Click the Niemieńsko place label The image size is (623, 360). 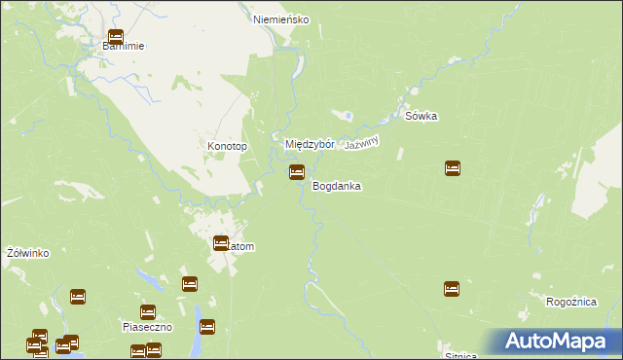click(x=280, y=19)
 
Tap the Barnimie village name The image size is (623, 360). click(x=124, y=46)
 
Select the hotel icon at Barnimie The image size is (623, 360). click(x=116, y=38)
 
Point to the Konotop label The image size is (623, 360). click(x=228, y=147)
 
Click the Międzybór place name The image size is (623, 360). click(x=310, y=144)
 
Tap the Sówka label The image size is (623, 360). click(x=421, y=117)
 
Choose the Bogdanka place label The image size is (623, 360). click(x=337, y=186)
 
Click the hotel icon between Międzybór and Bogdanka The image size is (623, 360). click(x=296, y=172)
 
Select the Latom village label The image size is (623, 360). click(x=238, y=247)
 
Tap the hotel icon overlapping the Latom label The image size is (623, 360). click(x=221, y=243)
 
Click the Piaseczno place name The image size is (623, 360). click(x=147, y=327)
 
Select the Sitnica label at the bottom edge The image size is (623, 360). click(x=461, y=354)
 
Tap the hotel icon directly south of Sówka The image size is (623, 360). click(x=453, y=168)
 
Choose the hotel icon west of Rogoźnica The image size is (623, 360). click(x=452, y=289)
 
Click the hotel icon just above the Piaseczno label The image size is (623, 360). click(x=148, y=312)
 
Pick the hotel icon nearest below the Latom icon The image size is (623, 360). click(x=190, y=284)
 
